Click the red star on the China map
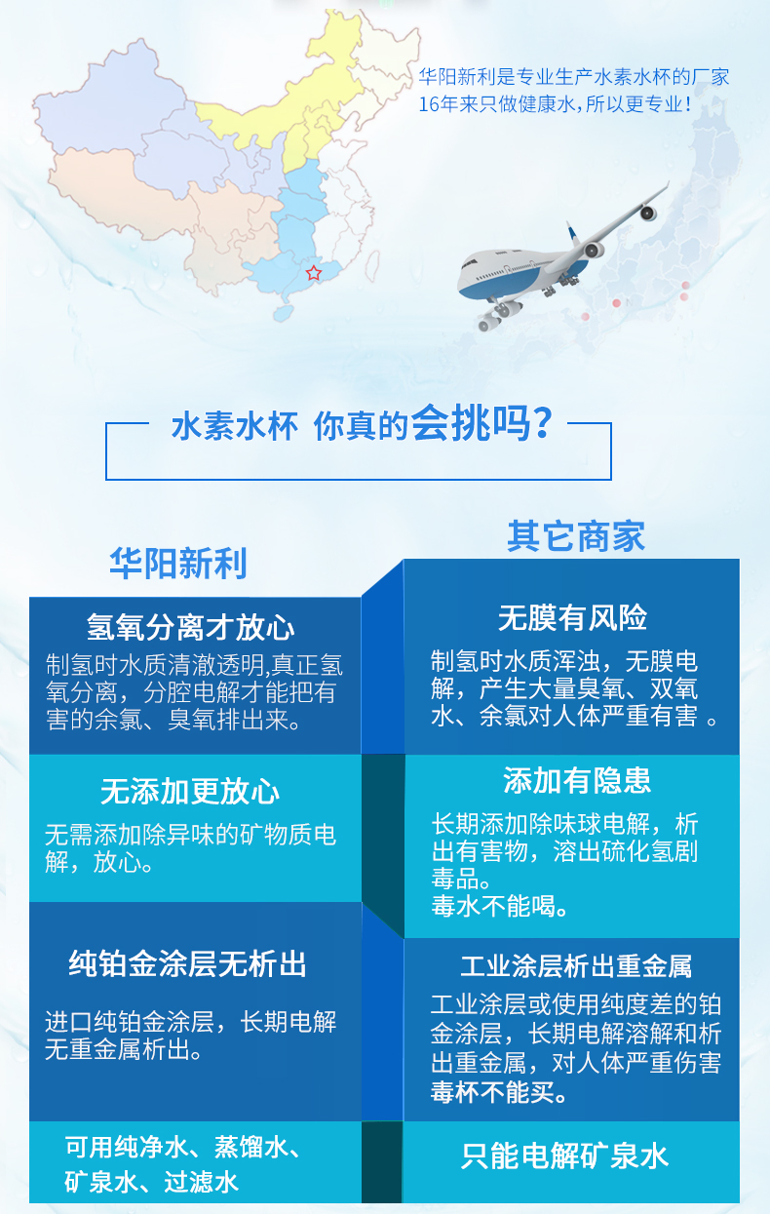point(313,273)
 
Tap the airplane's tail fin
point(573,234)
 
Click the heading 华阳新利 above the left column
point(178,563)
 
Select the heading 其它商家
point(576,536)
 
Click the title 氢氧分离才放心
point(190,628)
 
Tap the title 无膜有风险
point(572,617)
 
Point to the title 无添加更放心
point(190,792)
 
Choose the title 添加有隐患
point(577,780)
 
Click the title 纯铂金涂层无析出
point(187,964)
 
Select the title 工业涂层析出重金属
point(576,966)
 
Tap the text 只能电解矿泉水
point(564,1156)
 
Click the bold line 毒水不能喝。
point(500,906)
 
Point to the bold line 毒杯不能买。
point(499,1092)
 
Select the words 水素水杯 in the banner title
point(235,426)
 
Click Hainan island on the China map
point(283,313)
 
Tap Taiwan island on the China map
point(372,265)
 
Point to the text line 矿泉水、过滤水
point(151,1182)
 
